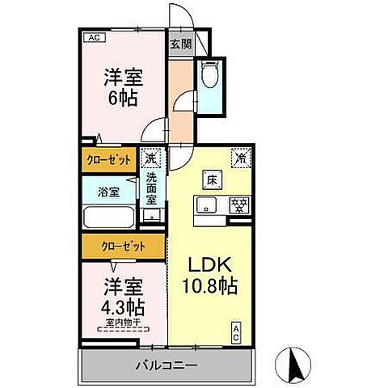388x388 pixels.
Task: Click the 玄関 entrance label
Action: (179, 45)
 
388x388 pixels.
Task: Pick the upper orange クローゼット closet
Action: (110, 160)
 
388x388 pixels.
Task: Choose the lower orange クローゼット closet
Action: (124, 245)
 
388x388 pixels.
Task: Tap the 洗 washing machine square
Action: (151, 158)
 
